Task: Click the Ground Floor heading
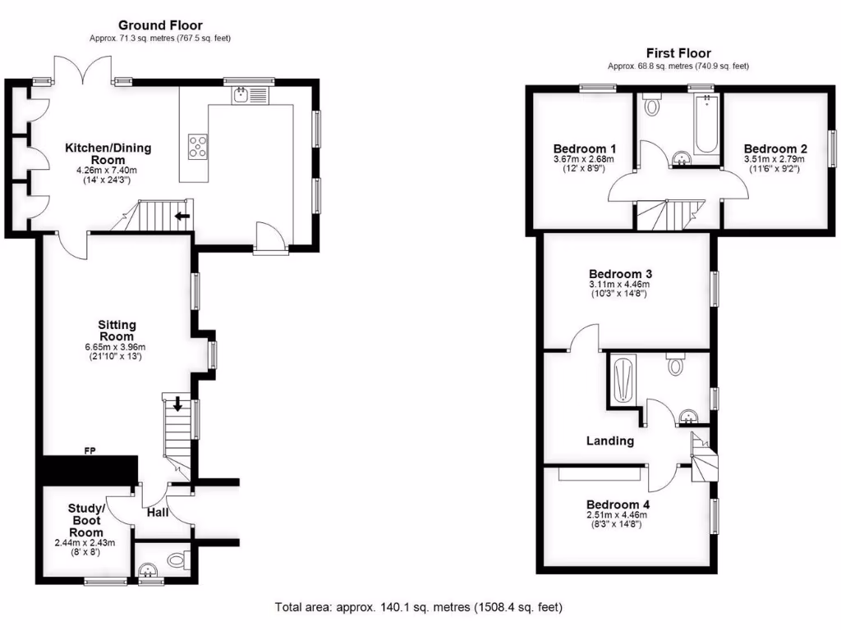pos(160,25)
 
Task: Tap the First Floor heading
pos(678,53)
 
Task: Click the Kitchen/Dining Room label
pos(108,153)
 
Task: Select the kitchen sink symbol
pos(241,96)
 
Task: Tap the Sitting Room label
pos(117,331)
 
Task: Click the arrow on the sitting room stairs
pos(179,404)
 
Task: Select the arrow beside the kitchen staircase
pos(182,217)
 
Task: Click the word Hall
pos(158,512)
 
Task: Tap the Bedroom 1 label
pos(584,148)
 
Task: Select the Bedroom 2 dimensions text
pos(775,163)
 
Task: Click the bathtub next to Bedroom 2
pos(706,125)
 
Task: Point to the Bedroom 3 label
pos(620,273)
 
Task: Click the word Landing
pos(609,441)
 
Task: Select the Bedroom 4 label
pos(617,504)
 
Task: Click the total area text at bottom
pos(419,608)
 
